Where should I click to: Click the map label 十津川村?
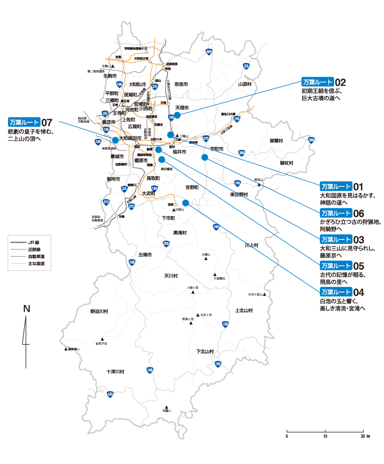point(115,372)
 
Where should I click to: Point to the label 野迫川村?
point(99,311)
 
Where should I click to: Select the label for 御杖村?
point(287,163)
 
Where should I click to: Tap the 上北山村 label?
point(244,310)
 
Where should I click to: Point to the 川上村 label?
point(252,245)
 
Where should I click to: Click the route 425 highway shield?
point(110,394)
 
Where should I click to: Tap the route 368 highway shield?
point(312,140)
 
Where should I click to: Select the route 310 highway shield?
point(106,202)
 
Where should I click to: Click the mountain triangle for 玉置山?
point(167,406)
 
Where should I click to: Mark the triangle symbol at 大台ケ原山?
point(265,295)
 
